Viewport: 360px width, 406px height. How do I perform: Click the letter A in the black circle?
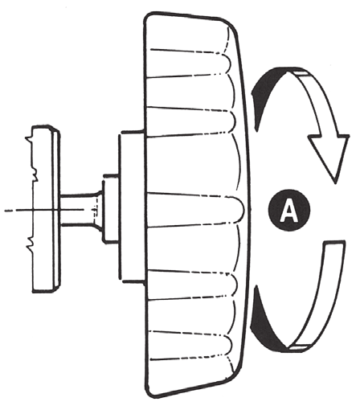(x=288, y=211)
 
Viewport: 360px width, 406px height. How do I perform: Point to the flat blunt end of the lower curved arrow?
(x=333, y=244)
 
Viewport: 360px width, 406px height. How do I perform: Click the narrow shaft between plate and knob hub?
(x=78, y=210)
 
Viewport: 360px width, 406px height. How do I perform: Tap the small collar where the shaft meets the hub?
(x=110, y=210)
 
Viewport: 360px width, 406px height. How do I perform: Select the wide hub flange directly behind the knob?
(x=131, y=207)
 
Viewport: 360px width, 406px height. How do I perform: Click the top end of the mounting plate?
(x=45, y=128)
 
